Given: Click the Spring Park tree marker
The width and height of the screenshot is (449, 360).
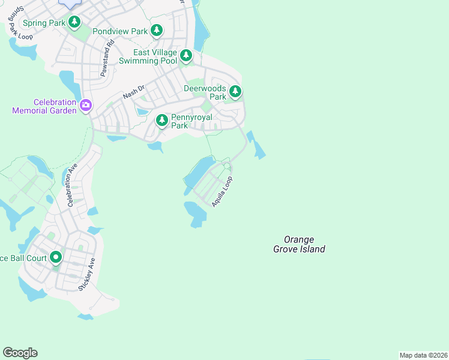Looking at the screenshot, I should (x=74, y=23).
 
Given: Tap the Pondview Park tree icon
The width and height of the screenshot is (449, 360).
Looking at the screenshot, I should (x=157, y=29).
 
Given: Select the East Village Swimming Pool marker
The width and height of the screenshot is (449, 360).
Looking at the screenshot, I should (x=186, y=56).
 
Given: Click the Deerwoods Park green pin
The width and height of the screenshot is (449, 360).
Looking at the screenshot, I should (x=235, y=92).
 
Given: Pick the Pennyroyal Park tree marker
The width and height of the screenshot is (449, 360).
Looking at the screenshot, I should (x=162, y=121).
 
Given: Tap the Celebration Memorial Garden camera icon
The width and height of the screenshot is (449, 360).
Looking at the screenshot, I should (x=86, y=106).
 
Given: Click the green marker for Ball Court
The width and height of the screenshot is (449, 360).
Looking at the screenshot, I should (x=56, y=258).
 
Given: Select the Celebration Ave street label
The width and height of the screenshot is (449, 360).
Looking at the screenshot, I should (x=72, y=186).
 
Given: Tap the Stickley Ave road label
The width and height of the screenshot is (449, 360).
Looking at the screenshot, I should (x=85, y=275).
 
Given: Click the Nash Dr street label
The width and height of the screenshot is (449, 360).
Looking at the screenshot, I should (x=134, y=92).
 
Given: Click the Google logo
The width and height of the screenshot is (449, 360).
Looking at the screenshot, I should (x=20, y=353).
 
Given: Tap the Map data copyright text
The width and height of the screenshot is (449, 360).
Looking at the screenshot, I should (x=423, y=355).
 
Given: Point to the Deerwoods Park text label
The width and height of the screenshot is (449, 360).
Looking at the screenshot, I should (x=205, y=92).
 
